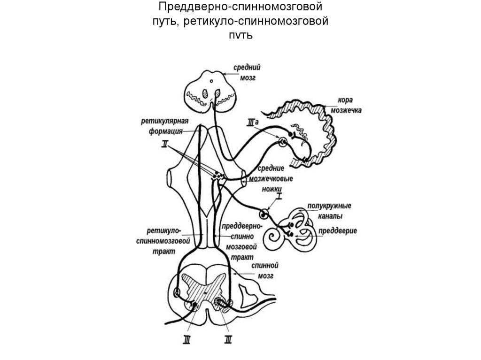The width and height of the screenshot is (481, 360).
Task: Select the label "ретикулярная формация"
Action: coord(163,125)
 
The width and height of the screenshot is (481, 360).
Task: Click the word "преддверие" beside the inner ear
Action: coord(338,231)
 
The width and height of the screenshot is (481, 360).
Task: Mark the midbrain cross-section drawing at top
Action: coord(211,92)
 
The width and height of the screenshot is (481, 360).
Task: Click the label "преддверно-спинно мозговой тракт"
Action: coord(242,239)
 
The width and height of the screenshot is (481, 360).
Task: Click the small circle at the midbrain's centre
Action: coord(211,82)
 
